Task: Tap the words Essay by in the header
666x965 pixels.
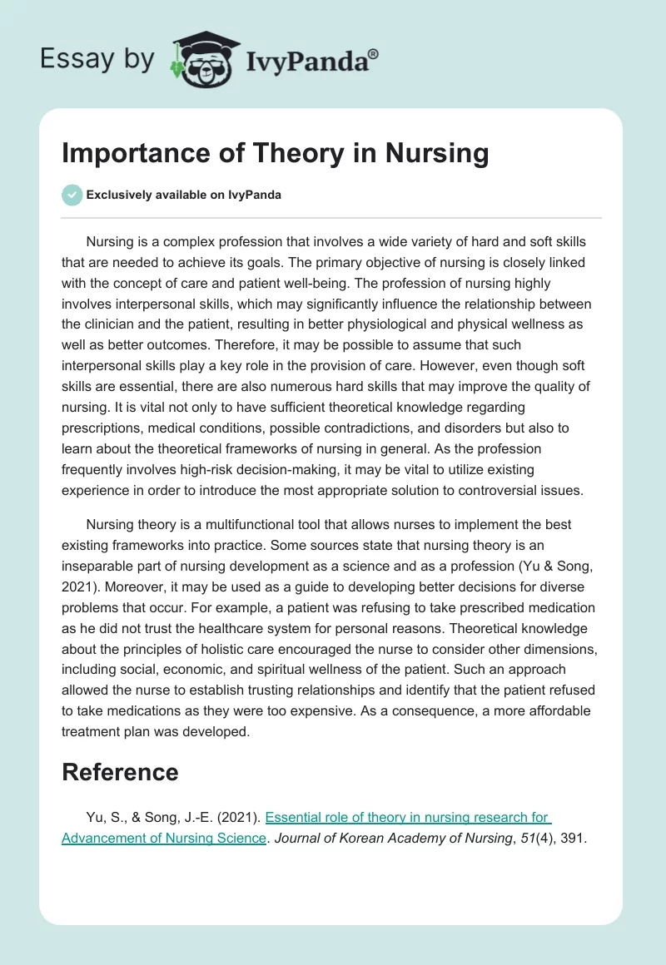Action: click(97, 58)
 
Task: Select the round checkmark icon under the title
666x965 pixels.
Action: click(72, 195)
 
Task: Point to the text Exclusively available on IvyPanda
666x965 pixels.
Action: click(184, 195)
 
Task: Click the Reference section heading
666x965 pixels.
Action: click(120, 772)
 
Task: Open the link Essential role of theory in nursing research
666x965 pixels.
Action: click(408, 817)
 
